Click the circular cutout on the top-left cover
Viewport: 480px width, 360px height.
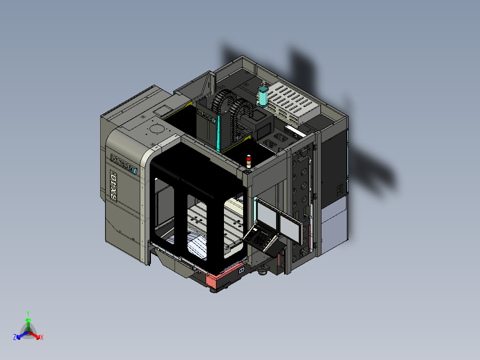coord(157,129)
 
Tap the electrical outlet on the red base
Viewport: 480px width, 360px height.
coord(242,270)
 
